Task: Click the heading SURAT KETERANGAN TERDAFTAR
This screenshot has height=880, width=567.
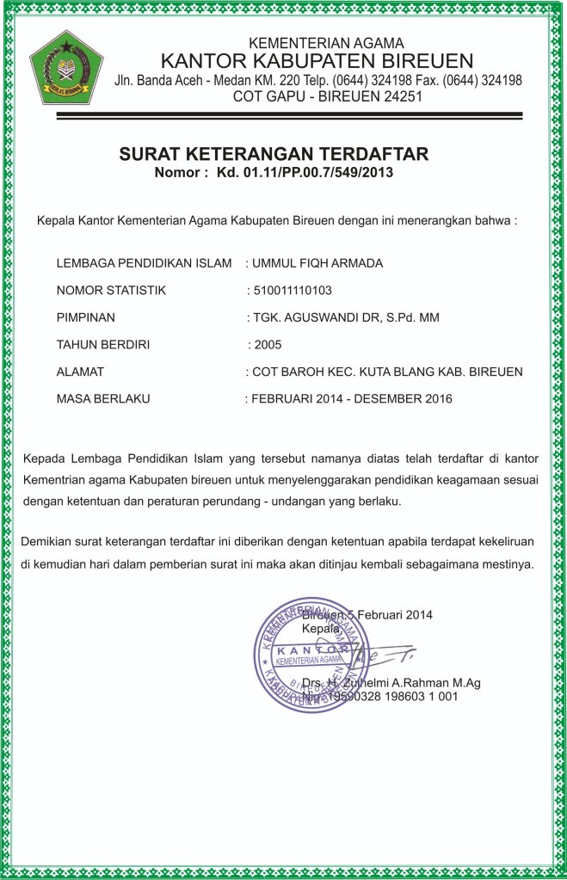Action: (x=274, y=155)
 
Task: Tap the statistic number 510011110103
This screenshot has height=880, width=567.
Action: (x=297, y=290)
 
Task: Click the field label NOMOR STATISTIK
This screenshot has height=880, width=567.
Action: (x=110, y=290)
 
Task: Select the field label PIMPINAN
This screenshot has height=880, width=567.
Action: (x=85, y=317)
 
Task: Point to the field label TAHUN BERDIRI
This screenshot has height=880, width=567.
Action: (x=102, y=345)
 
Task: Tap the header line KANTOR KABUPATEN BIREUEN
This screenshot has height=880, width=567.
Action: (x=317, y=61)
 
